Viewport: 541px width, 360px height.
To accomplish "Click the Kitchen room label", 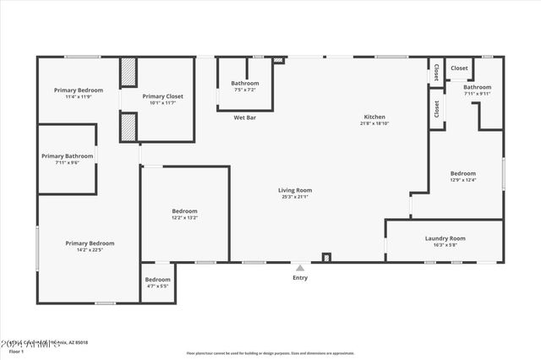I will (374, 117).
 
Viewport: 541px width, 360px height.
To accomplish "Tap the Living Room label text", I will (295, 190).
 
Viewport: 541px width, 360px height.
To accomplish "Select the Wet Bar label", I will (245, 117).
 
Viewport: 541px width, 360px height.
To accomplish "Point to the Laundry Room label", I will (445, 238).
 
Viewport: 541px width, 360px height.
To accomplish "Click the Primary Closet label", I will (162, 96).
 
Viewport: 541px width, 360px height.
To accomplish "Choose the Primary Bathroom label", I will (68, 155).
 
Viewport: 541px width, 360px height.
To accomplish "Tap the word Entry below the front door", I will (300, 278).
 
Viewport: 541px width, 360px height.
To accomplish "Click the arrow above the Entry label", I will (300, 268).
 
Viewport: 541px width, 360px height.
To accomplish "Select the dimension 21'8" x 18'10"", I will (374, 123).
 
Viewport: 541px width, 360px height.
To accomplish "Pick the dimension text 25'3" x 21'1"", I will (295, 197).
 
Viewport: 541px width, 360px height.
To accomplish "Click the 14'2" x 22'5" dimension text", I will (90, 250).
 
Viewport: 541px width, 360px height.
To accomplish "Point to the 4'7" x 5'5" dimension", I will (157, 286).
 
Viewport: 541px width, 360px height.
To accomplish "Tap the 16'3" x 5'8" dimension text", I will (445, 245).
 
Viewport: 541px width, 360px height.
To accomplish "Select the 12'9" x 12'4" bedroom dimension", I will (462, 180).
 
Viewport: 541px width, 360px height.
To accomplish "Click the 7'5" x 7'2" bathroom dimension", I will (245, 90).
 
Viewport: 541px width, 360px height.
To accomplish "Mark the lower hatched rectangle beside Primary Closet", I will (128, 127).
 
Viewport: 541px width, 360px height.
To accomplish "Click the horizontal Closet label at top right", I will (459, 68).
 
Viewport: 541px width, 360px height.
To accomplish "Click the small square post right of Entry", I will (327, 257).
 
